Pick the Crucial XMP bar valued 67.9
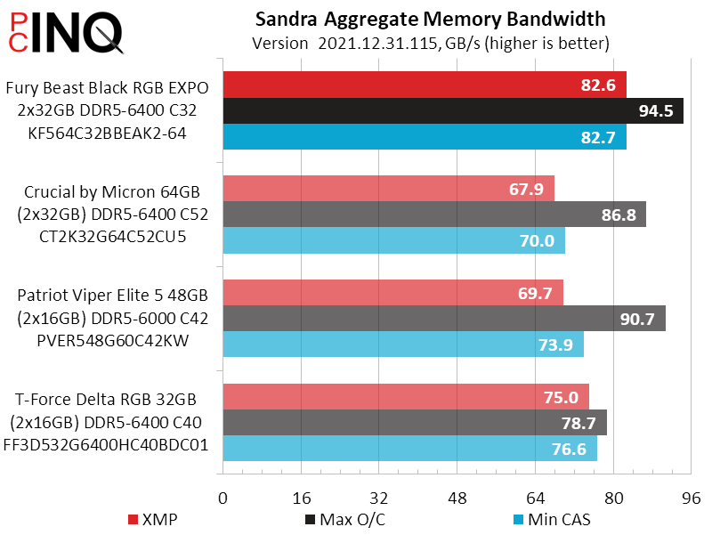(x=388, y=189)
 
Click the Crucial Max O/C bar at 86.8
(x=434, y=215)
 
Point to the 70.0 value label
(x=537, y=241)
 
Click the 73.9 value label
(x=556, y=345)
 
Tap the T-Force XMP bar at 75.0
(x=406, y=397)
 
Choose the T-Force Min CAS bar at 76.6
(x=409, y=449)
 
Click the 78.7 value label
(x=578, y=423)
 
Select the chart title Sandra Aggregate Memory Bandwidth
(x=431, y=19)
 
